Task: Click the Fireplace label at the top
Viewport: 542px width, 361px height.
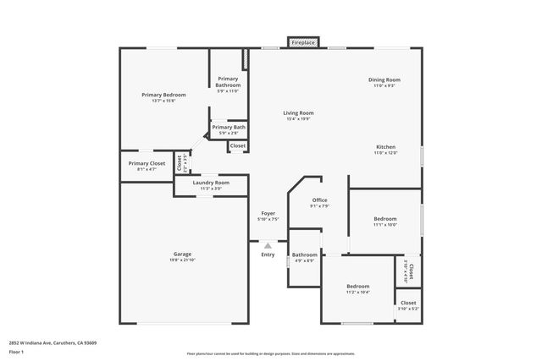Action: (302, 41)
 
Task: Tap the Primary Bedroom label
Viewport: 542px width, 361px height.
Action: (163, 95)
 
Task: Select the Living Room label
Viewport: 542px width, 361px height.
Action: (298, 112)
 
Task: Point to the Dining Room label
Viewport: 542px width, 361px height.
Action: (384, 80)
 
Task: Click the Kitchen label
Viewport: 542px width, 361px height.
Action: (385, 147)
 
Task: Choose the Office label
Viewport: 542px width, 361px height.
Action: (318, 200)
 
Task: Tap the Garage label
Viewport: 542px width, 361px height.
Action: (182, 254)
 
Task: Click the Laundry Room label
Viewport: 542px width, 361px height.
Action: (211, 183)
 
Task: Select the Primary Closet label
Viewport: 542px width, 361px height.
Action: (147, 163)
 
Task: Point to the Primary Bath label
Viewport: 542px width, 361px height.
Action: (229, 127)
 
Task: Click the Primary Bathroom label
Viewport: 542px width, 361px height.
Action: (228, 82)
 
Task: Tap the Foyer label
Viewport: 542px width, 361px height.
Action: (268, 214)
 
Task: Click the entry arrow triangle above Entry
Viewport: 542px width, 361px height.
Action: (268, 245)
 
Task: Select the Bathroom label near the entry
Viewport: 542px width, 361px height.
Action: (305, 254)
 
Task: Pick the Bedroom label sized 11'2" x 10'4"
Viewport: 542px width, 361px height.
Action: (357, 286)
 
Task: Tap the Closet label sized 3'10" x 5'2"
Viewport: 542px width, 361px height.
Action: (408, 303)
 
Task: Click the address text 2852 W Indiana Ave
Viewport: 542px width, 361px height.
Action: (53, 342)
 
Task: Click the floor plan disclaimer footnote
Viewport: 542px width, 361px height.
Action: (271, 353)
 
